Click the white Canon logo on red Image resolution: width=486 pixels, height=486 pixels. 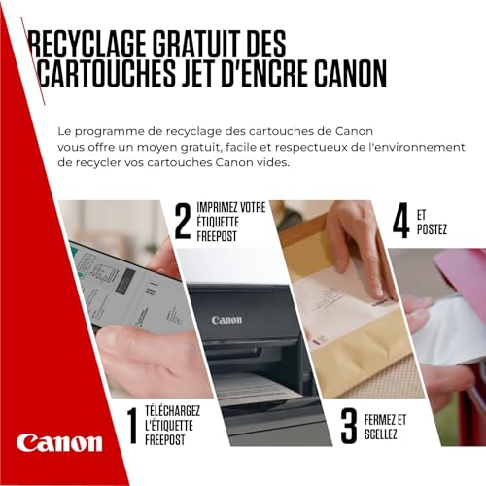[x=59, y=442]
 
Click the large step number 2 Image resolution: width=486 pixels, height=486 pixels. [x=181, y=221]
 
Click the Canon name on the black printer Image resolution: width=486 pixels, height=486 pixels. [x=226, y=320]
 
